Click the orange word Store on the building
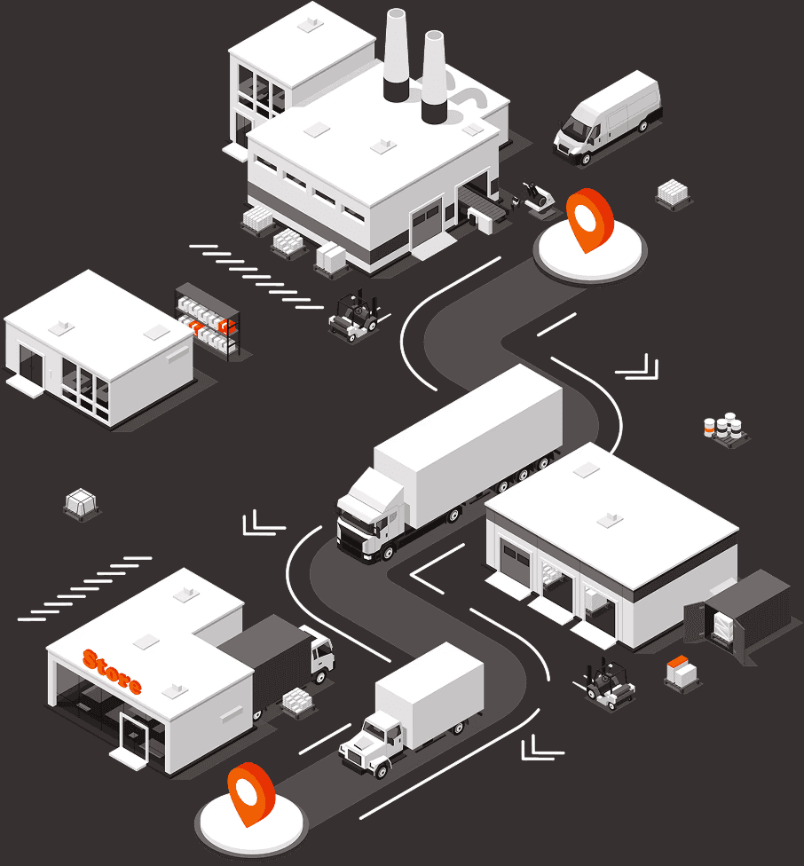(112, 672)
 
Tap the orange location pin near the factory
(588, 217)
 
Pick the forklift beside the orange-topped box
(609, 684)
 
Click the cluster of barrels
(725, 426)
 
